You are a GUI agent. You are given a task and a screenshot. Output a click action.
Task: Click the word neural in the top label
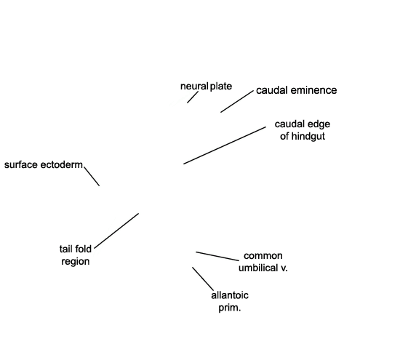click(x=194, y=86)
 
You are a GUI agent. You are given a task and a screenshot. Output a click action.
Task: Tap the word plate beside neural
click(x=221, y=86)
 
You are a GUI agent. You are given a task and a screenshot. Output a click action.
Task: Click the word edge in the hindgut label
click(x=319, y=124)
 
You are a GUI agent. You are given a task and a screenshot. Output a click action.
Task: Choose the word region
click(x=76, y=261)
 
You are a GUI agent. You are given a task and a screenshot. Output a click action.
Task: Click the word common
click(x=263, y=256)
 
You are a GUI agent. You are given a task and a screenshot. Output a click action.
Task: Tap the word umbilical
click(x=258, y=268)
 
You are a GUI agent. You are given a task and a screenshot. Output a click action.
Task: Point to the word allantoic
click(x=230, y=295)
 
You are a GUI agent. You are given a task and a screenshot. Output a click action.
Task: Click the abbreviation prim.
click(x=230, y=308)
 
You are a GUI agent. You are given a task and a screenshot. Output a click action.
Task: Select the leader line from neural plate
click(x=193, y=97)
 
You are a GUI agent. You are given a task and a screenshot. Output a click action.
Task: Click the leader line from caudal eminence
click(x=237, y=101)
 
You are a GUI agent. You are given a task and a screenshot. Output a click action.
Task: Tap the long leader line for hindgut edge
click(x=225, y=145)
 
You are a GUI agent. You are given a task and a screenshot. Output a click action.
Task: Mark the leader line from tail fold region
click(x=116, y=231)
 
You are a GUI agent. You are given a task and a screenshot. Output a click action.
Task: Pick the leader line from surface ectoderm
click(x=92, y=177)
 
